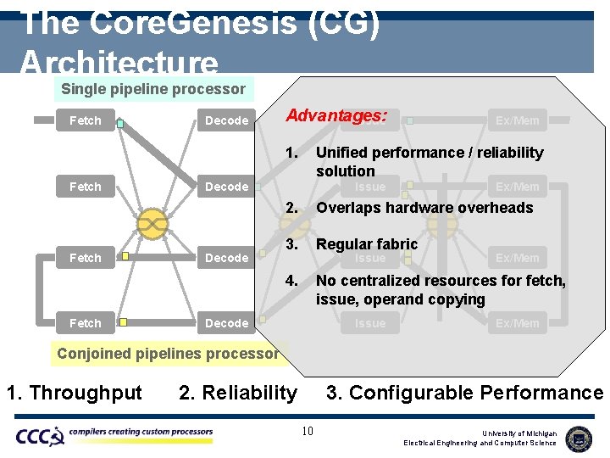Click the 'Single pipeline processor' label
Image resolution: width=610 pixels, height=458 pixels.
(x=153, y=89)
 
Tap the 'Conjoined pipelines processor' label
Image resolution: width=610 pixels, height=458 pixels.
(x=168, y=353)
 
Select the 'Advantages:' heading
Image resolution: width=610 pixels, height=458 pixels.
(x=336, y=115)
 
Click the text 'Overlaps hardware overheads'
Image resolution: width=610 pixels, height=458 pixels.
(x=424, y=208)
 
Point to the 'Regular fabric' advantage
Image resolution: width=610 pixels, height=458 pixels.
(x=367, y=244)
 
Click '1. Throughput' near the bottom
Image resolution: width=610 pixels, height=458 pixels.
(x=75, y=393)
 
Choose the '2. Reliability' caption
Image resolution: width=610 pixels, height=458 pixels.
(x=238, y=393)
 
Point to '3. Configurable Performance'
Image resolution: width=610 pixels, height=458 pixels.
(x=465, y=393)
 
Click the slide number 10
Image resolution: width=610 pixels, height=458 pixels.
(x=308, y=432)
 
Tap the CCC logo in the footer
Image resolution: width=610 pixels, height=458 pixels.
(x=40, y=436)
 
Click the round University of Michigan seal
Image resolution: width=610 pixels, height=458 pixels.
(x=579, y=438)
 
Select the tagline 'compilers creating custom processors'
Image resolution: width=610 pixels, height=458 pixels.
(x=141, y=433)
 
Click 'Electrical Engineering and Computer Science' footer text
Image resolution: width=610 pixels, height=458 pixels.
(x=480, y=443)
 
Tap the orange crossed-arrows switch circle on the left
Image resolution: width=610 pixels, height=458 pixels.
(x=152, y=223)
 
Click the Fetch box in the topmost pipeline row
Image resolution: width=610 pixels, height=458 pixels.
(x=85, y=120)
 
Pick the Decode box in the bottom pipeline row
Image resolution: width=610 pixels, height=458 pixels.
(x=226, y=323)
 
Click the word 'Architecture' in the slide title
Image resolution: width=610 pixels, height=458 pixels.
(x=119, y=63)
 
